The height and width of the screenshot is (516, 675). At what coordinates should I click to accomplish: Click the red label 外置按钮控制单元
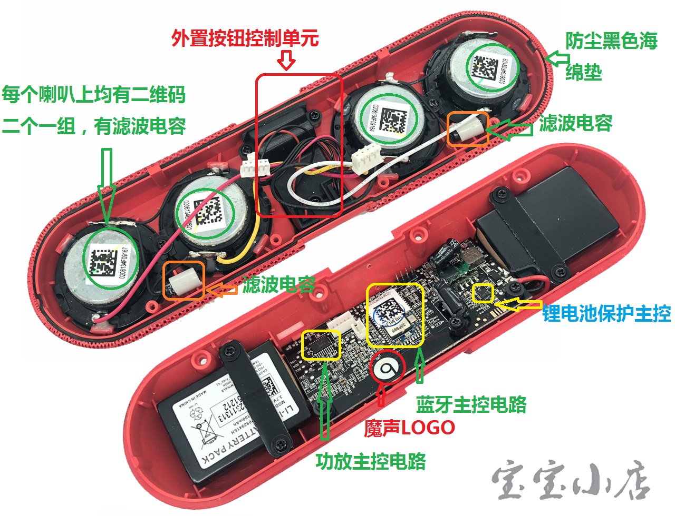[x=245, y=38]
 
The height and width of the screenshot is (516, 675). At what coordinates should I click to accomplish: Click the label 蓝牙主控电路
[x=471, y=404]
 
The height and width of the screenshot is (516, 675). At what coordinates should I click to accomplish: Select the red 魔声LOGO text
[x=409, y=428]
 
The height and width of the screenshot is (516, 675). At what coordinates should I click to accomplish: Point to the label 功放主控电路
[x=370, y=461]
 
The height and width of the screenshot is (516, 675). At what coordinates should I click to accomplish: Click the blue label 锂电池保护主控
[x=606, y=314]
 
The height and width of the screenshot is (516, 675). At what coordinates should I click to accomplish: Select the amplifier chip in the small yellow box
[x=321, y=345]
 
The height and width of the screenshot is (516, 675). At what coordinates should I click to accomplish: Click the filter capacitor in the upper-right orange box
[x=467, y=128]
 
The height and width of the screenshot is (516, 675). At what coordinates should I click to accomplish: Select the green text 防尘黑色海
[x=611, y=41]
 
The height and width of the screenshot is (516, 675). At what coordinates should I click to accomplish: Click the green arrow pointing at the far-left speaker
[x=106, y=184]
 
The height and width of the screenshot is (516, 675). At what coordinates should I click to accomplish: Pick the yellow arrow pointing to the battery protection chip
[x=519, y=304]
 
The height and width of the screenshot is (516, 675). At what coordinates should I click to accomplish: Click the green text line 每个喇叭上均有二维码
[x=94, y=95]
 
